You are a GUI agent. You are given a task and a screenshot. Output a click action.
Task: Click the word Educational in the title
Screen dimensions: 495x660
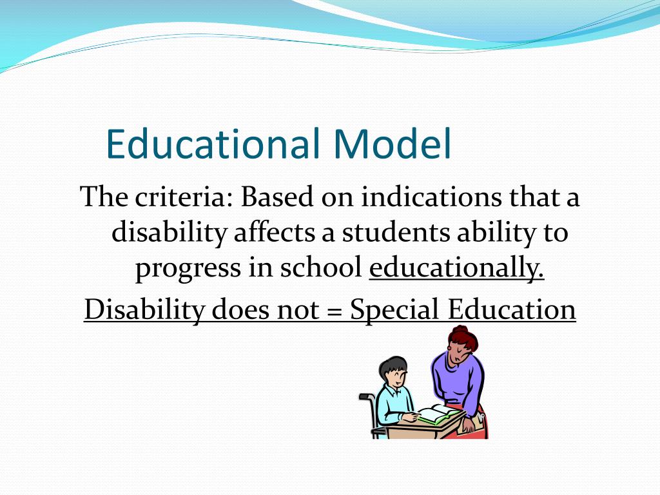click(213, 144)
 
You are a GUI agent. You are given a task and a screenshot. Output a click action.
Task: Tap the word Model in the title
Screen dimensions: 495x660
click(392, 144)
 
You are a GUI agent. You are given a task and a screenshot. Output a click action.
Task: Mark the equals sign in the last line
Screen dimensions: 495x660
click(334, 309)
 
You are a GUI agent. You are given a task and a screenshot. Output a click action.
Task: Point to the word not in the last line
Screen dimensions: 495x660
click(298, 309)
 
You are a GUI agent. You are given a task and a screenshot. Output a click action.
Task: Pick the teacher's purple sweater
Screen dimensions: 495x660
click(459, 380)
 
